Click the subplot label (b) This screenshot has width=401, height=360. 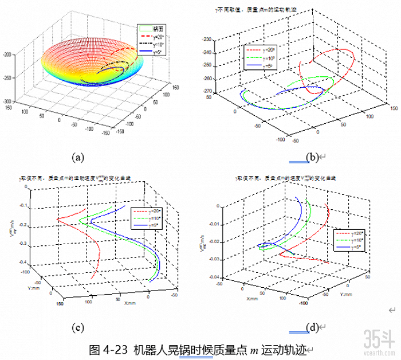point(312,156)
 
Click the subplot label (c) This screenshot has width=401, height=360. point(80,328)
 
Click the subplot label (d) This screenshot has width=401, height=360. point(312,328)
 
